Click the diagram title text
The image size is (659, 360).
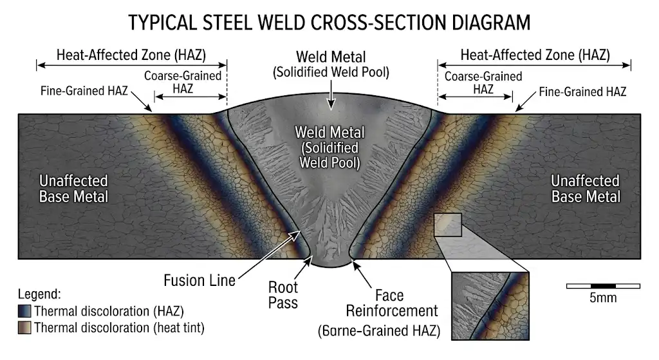click(x=329, y=23)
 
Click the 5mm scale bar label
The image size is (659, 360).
click(x=602, y=298)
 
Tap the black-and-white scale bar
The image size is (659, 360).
click(x=602, y=285)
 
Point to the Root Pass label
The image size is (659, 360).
click(x=283, y=294)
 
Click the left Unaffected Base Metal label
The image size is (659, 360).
click(x=73, y=188)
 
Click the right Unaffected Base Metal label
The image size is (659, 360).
click(x=585, y=188)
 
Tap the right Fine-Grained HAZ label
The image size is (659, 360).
click(x=582, y=91)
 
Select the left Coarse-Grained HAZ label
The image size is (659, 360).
click(x=183, y=82)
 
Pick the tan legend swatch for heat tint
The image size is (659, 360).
click(x=25, y=328)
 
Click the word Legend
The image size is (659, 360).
click(x=39, y=295)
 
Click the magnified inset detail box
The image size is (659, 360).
click(x=490, y=305)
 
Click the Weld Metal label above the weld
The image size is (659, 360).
click(x=331, y=63)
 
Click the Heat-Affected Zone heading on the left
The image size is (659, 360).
click(x=131, y=55)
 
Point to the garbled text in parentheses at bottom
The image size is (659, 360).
click(x=378, y=332)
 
